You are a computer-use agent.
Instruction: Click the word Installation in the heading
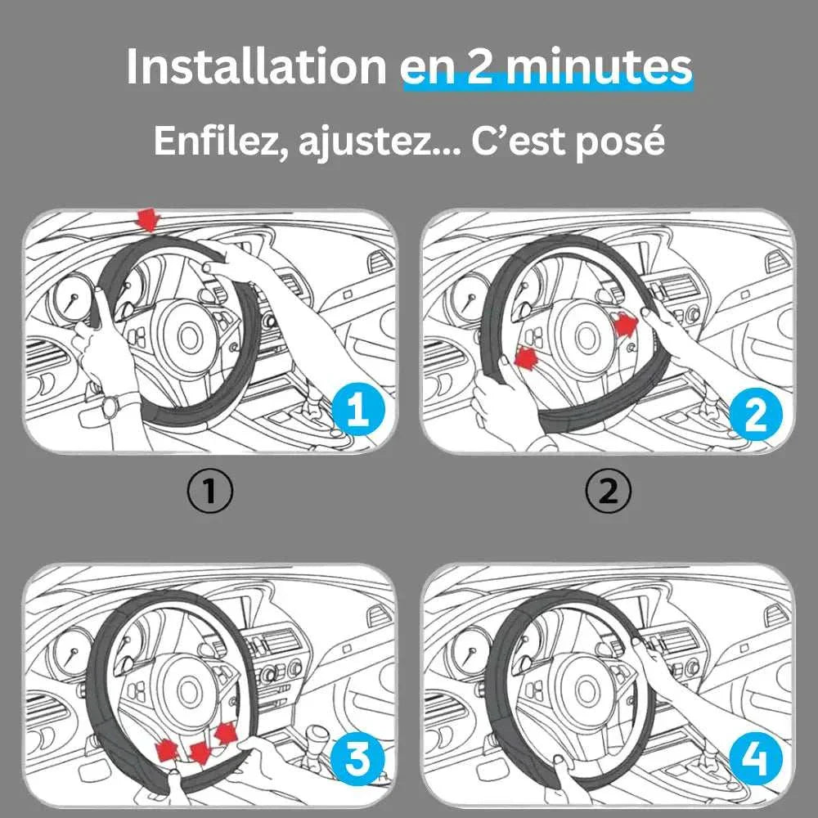click(x=256, y=67)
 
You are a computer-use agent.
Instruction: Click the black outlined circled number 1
click(x=209, y=492)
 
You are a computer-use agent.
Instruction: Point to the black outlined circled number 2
click(x=609, y=492)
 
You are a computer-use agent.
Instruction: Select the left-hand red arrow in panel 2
click(x=528, y=357)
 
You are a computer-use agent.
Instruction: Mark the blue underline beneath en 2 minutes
click(x=546, y=83)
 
